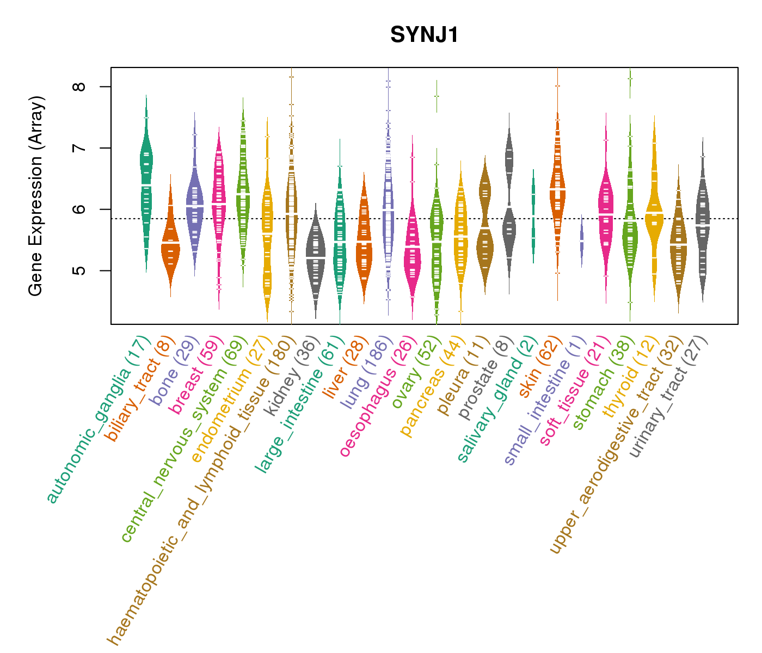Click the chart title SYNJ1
[425, 35]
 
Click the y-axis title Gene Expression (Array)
[36, 196]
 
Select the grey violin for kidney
[316, 256]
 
